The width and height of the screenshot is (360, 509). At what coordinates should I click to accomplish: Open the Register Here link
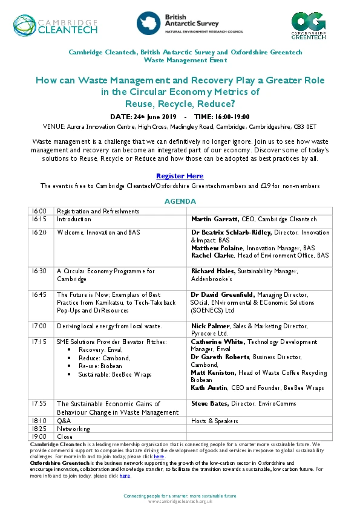coord(180,176)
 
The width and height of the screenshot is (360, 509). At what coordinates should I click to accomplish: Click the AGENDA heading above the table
coord(180,201)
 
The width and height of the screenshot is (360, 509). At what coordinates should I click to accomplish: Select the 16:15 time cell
coord(39,219)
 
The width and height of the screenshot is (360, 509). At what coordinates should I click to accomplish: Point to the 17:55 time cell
coord(39,403)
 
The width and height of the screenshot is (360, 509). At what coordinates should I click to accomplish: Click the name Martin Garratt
coord(215,219)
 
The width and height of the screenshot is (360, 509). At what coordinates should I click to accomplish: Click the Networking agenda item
coord(73,429)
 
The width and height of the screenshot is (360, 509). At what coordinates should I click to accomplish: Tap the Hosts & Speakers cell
coord(215,421)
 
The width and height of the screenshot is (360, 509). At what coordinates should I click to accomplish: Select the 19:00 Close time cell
coord(39,436)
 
